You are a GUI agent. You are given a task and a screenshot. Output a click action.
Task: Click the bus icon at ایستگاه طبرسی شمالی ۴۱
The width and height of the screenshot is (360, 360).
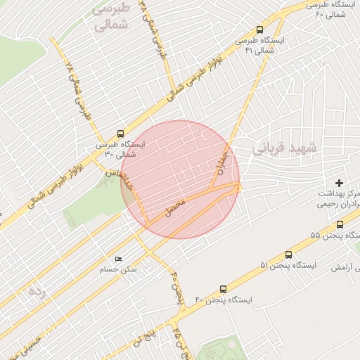(260, 30)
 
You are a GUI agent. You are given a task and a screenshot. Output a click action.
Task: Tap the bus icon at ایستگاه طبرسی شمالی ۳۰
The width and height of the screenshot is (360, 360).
(120, 134)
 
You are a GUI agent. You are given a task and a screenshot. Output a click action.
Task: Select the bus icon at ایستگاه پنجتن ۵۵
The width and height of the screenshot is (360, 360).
(340, 225)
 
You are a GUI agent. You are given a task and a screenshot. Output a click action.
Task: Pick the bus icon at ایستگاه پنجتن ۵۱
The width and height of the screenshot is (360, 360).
(288, 255)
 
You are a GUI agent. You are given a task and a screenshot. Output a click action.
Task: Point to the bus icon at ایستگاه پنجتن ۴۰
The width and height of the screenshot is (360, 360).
(224, 289)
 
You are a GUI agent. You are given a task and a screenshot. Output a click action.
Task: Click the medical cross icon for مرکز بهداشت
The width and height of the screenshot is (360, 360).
(340, 183)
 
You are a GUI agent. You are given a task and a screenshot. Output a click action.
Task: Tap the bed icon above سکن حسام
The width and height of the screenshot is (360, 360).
(117, 259)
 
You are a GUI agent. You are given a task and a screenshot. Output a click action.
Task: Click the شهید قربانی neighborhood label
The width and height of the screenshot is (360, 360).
(285, 148)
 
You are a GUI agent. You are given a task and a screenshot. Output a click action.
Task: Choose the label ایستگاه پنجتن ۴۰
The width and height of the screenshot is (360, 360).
(224, 300)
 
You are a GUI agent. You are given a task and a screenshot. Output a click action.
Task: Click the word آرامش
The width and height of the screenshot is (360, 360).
(340, 267)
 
